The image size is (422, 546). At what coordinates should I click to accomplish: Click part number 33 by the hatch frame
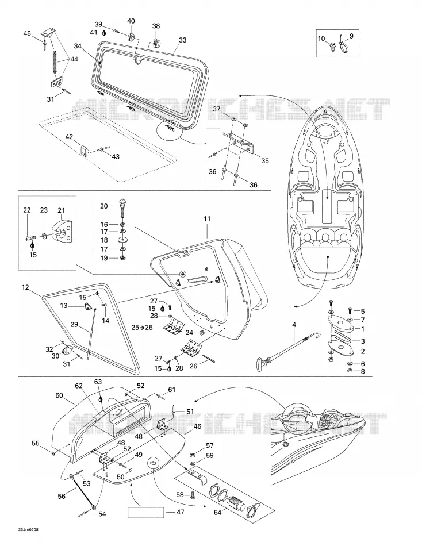click(182, 40)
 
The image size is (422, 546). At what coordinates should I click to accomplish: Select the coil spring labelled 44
click(55, 61)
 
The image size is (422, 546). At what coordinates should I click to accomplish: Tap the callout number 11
click(207, 218)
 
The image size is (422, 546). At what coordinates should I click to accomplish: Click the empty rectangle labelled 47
click(146, 513)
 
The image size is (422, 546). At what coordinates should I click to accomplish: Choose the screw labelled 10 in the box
click(333, 45)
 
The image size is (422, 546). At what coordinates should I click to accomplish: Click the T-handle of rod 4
click(262, 360)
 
